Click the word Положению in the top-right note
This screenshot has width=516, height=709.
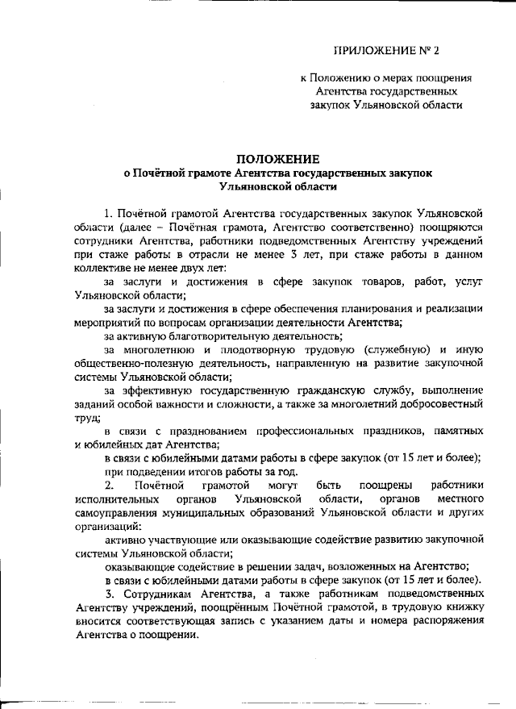tap(340, 78)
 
